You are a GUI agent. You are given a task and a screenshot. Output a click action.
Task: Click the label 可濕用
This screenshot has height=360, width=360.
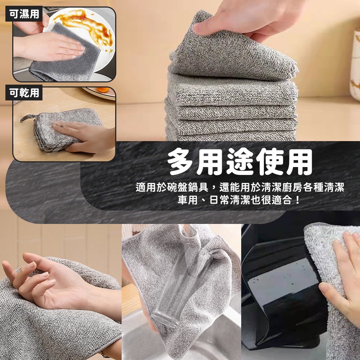click(x=24, y=14)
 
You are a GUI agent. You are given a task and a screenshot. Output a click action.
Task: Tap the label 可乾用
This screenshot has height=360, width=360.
click(x=24, y=93)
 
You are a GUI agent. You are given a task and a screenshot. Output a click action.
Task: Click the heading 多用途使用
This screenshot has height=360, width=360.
click(x=240, y=162)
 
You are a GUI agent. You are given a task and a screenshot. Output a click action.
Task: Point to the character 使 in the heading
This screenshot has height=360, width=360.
click(x=269, y=162)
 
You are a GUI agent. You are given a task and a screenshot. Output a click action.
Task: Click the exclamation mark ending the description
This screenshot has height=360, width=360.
click(x=298, y=200)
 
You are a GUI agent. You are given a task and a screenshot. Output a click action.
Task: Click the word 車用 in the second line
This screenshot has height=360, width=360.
click(x=188, y=200)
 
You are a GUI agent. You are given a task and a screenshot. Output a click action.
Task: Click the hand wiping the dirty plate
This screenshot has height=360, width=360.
click(x=49, y=47)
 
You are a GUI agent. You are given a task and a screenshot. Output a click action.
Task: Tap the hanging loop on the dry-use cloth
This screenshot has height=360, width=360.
click(x=28, y=118)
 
